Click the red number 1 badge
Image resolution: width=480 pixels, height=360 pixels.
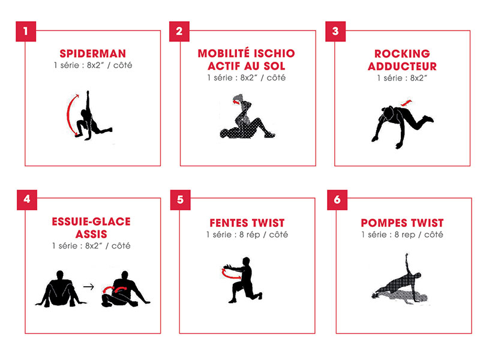point(26,31)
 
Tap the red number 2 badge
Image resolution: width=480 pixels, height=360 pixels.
point(179,31)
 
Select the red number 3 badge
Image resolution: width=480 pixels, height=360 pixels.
point(335,31)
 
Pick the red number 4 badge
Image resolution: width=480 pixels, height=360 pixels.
point(27,200)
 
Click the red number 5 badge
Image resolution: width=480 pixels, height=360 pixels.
point(181,200)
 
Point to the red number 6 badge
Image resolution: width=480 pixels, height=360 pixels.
point(337,200)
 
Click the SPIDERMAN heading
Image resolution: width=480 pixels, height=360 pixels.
point(93,53)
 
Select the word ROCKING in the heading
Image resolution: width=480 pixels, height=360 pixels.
point(402,53)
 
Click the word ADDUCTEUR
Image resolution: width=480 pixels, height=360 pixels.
point(402,66)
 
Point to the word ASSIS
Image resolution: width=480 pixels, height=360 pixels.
point(91,234)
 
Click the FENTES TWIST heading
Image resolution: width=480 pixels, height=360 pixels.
point(247,223)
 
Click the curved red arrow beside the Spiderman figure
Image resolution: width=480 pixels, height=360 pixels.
point(68,115)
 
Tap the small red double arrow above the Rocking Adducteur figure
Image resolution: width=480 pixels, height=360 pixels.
point(406,103)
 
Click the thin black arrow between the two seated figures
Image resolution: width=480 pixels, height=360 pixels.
point(89,287)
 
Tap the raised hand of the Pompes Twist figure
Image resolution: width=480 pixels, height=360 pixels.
point(407,254)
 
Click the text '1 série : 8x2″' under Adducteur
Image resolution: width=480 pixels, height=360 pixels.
point(402,78)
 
